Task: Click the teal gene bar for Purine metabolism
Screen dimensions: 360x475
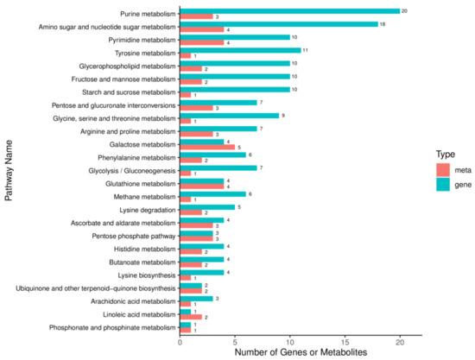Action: point(289,11)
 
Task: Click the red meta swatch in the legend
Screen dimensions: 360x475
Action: point(443,168)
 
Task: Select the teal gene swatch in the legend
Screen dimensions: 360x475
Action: point(443,184)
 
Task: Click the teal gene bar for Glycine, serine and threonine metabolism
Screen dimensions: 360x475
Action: point(229,116)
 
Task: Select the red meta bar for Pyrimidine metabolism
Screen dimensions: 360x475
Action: point(202,42)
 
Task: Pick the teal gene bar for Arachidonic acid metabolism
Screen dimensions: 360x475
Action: point(196,298)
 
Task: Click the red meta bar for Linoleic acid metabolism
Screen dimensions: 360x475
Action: point(191,318)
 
